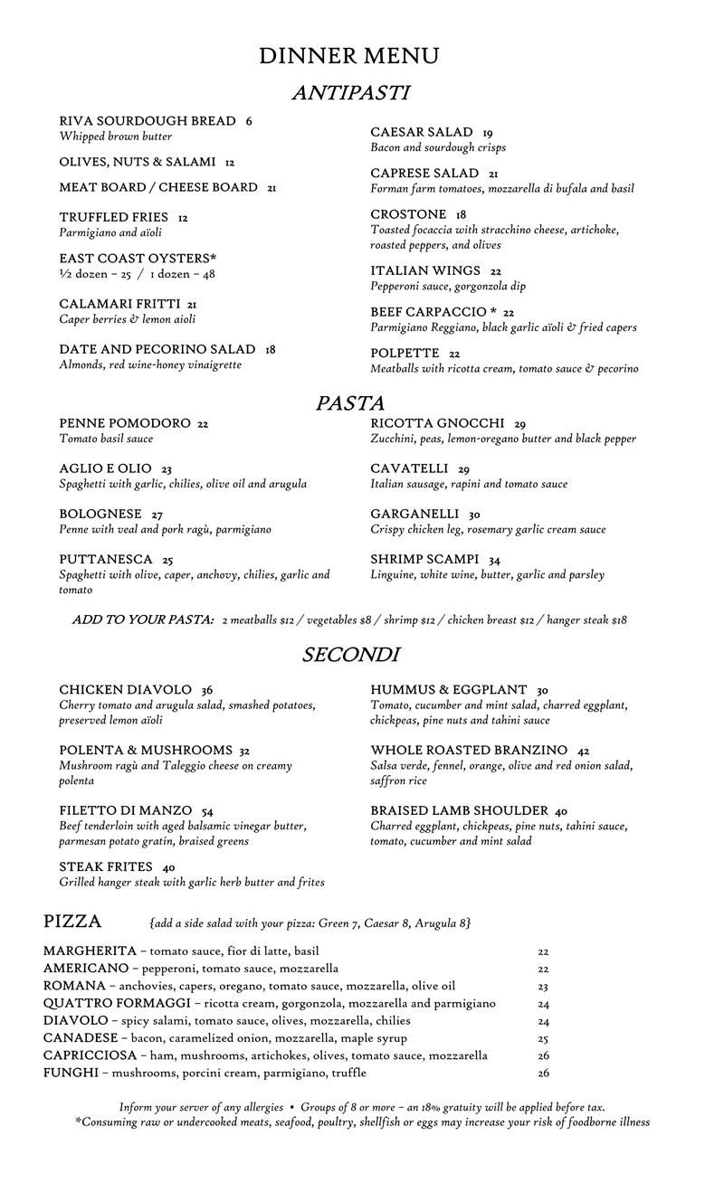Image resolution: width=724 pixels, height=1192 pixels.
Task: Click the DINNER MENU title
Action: coord(349,56)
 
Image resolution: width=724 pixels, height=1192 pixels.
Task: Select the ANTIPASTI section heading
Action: coord(351,92)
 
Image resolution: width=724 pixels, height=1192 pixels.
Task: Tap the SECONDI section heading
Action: coord(351,655)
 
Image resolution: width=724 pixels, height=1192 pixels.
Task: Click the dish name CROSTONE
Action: coord(408,214)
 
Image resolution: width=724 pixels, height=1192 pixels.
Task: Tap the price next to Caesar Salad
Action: coord(488,133)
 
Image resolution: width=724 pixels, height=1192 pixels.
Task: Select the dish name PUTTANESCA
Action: coord(103,559)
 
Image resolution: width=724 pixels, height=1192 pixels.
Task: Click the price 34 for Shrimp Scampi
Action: coord(494,560)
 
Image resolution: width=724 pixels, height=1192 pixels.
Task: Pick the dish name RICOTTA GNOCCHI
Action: coord(437,423)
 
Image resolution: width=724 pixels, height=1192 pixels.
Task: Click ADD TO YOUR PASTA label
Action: coord(143,620)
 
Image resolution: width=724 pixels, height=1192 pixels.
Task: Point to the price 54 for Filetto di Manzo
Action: coord(207,811)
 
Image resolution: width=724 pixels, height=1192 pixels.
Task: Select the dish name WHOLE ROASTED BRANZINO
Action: coord(469,751)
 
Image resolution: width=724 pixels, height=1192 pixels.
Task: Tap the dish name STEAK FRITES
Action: coord(106,867)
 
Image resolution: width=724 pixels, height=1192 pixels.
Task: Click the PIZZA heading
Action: coord(72,922)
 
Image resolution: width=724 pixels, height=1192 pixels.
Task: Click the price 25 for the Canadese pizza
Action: coord(543,1038)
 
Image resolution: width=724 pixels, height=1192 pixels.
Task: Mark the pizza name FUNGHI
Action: coord(70,1073)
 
